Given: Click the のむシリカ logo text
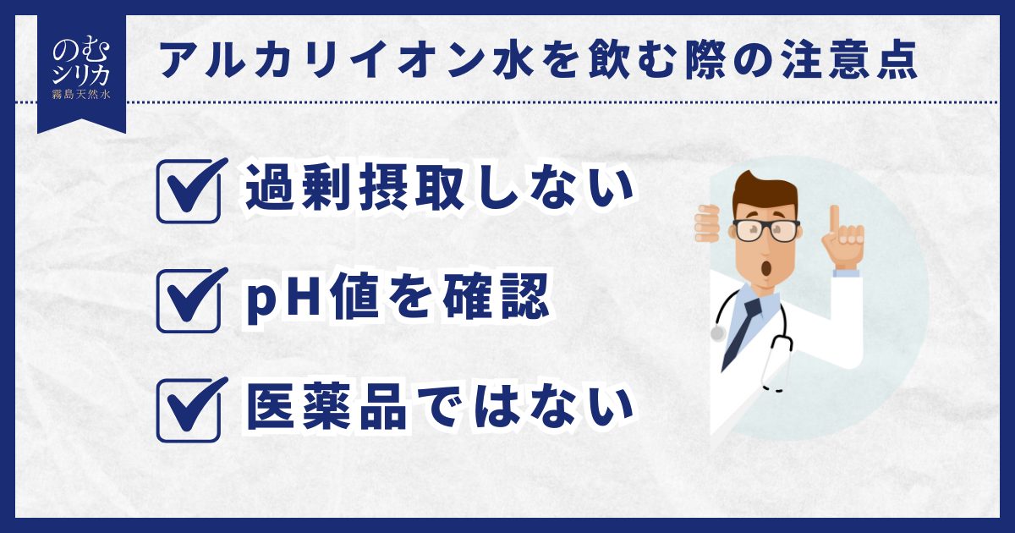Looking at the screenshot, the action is (81, 63).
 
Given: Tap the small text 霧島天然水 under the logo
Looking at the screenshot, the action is (81, 95).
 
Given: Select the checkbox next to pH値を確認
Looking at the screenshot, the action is (189, 301).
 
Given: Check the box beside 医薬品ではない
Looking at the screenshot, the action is (189, 410).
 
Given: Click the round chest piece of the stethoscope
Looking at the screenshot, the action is (718, 333).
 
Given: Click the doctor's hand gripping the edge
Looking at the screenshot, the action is (707, 223).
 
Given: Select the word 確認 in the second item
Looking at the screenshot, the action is (496, 299).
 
